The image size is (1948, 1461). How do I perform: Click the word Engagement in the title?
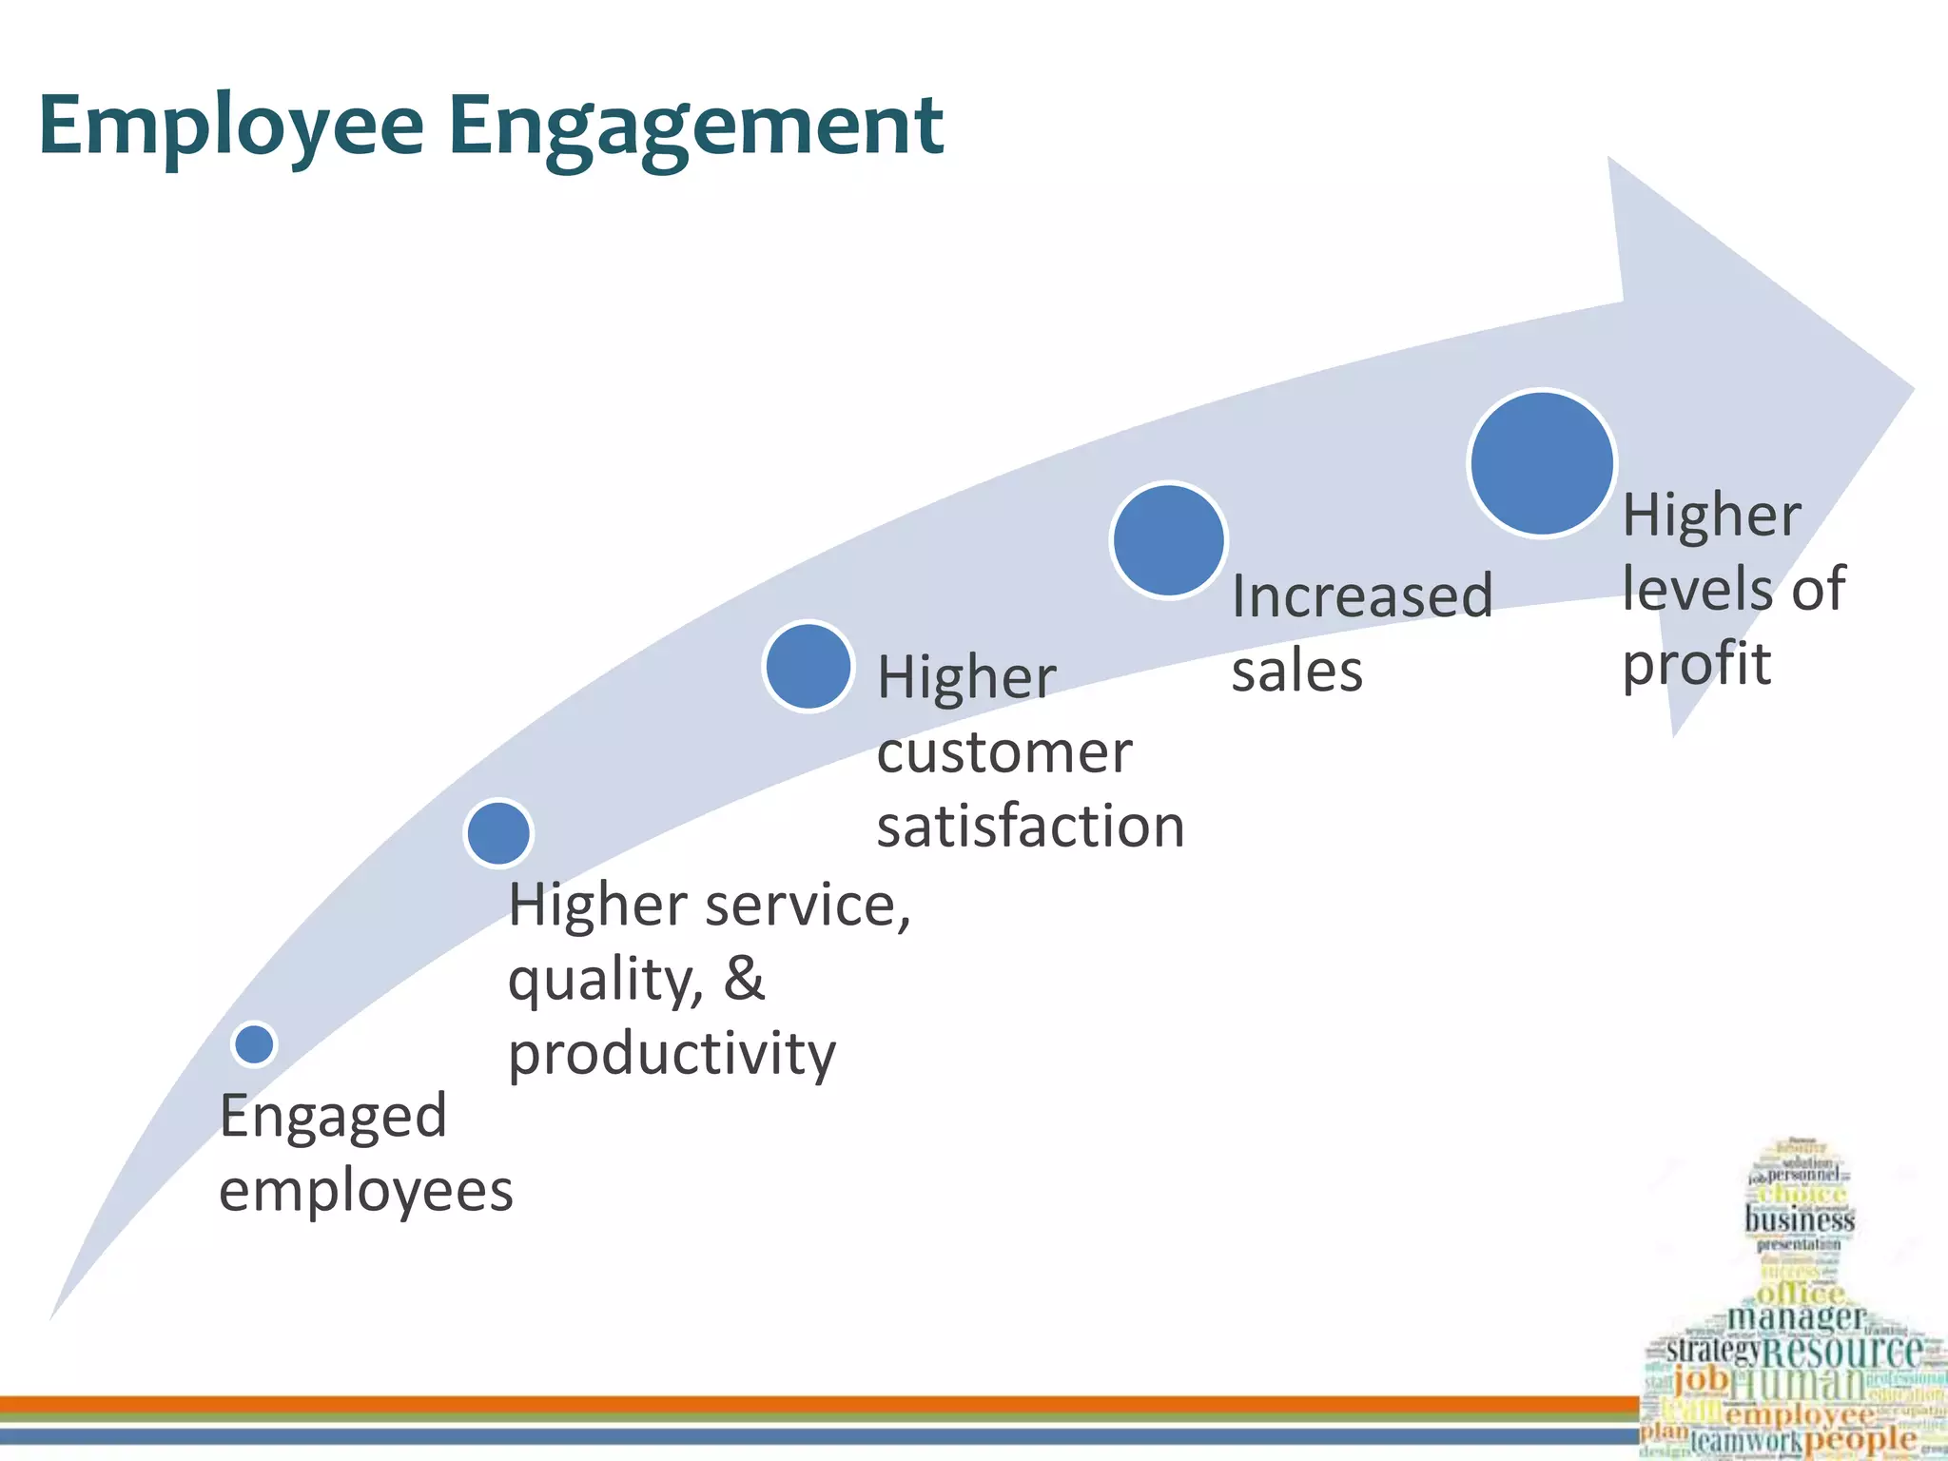pos(695,127)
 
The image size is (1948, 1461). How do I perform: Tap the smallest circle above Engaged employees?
pos(254,1043)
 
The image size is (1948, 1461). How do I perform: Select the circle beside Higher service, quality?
pos(498,833)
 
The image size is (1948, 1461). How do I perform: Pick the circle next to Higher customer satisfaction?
pos(808,666)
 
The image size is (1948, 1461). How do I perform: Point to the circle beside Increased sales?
pos(1169,540)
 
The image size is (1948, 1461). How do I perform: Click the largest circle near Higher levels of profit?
pos(1542,463)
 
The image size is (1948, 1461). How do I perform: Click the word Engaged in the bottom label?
pos(333,1117)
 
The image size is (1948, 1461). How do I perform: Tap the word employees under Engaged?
pos(366,1191)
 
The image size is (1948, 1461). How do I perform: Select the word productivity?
pos(672,1054)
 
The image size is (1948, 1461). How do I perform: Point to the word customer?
pos(1004,752)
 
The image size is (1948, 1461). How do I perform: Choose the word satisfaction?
pos(1031,826)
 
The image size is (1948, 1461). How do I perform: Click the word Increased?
pos(1362,597)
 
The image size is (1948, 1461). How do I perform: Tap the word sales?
pos(1297,672)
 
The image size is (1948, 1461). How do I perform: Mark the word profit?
pos(1696,664)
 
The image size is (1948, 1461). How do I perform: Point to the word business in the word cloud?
pos(1800,1219)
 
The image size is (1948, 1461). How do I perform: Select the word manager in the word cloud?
pos(1796,1317)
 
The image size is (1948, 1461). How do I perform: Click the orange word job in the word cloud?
pos(1701,1378)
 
